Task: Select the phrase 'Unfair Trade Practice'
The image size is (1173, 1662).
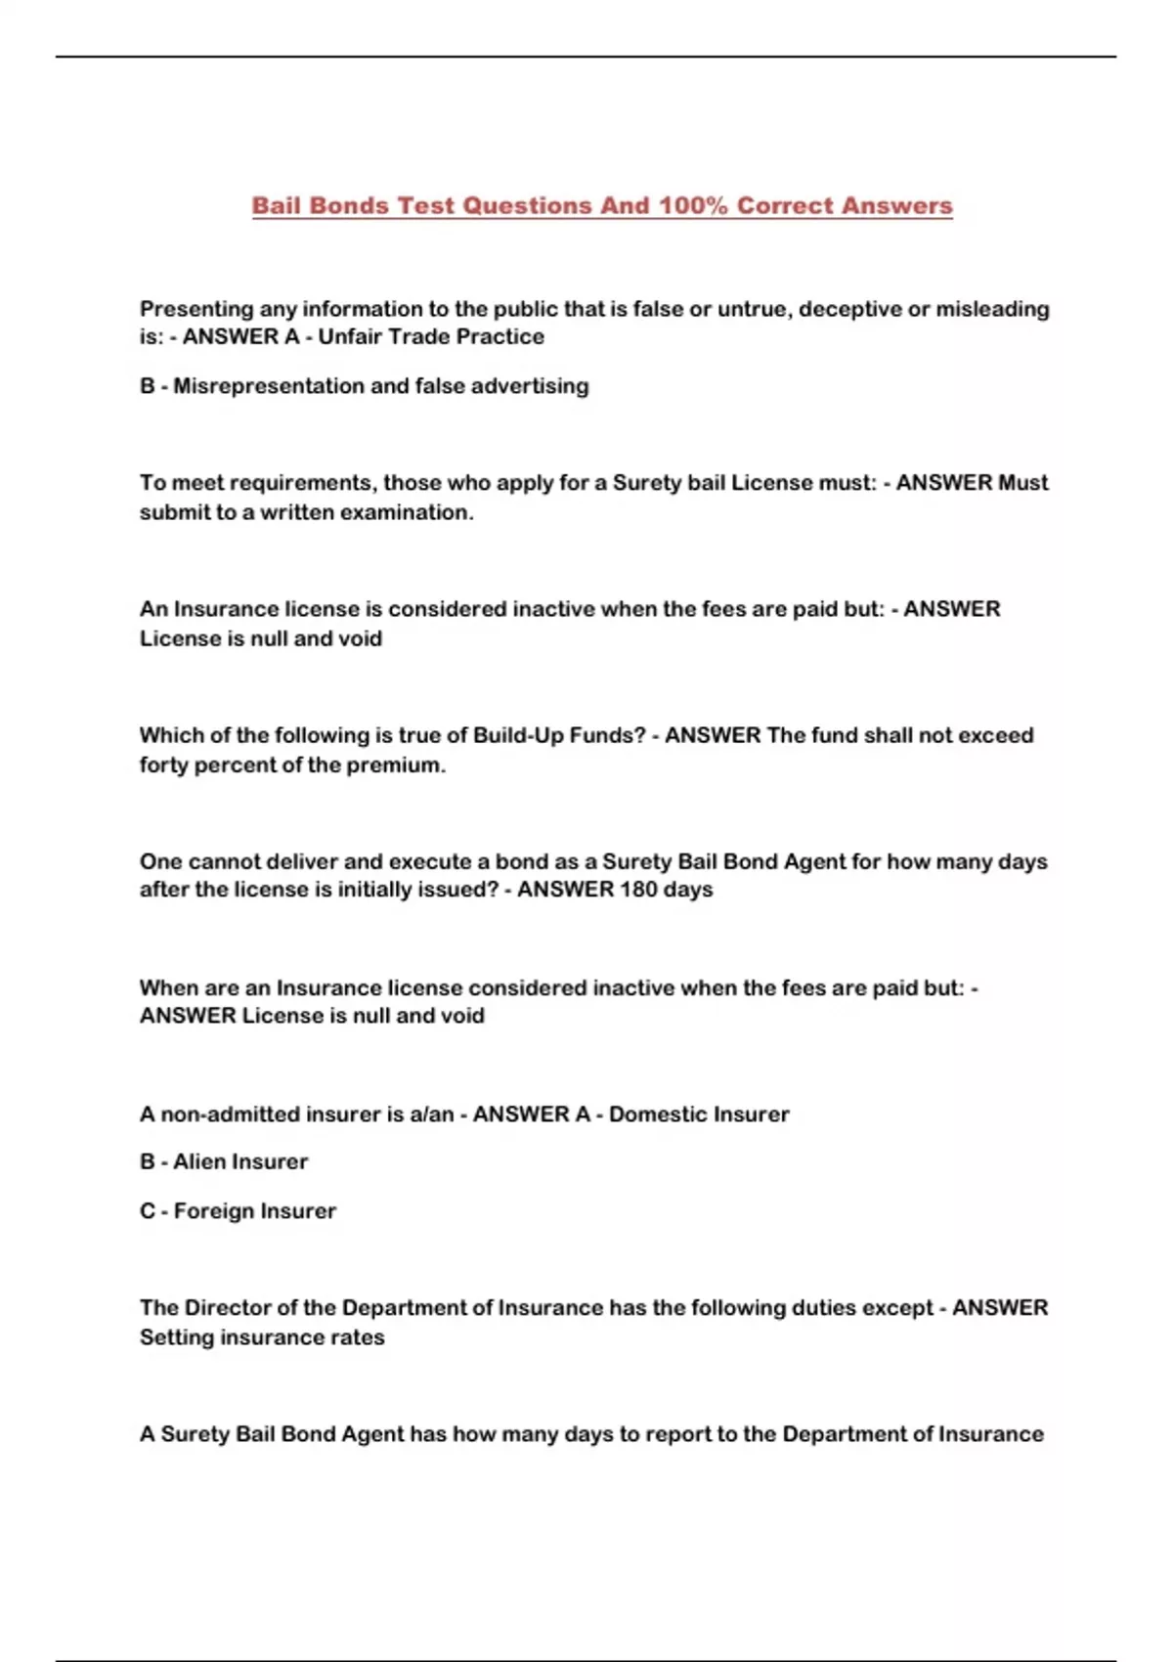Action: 431,336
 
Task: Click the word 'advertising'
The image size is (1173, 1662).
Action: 530,386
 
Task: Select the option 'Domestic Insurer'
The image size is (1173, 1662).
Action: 698,1115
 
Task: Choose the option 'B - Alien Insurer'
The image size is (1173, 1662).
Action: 224,1162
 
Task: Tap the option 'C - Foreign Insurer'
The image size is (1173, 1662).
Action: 238,1211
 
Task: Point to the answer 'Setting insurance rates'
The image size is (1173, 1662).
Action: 262,1337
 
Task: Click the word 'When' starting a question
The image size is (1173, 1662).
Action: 169,988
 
